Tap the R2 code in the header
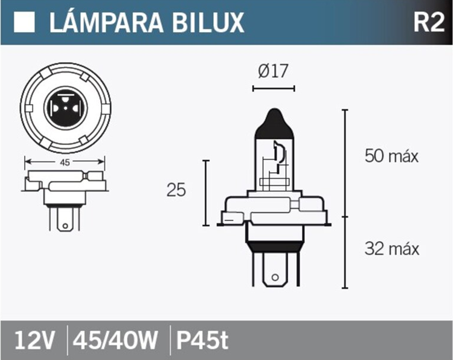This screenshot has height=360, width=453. click(x=428, y=22)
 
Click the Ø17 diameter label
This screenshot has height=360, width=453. click(x=273, y=72)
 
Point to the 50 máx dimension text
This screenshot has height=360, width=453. click(x=391, y=156)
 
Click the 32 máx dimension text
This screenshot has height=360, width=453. click(x=391, y=248)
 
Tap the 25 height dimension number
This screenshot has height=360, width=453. click(x=176, y=190)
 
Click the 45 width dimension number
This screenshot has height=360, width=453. click(x=64, y=162)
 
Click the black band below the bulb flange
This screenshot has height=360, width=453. click(x=272, y=244)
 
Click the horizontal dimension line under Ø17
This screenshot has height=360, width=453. click(x=273, y=89)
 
